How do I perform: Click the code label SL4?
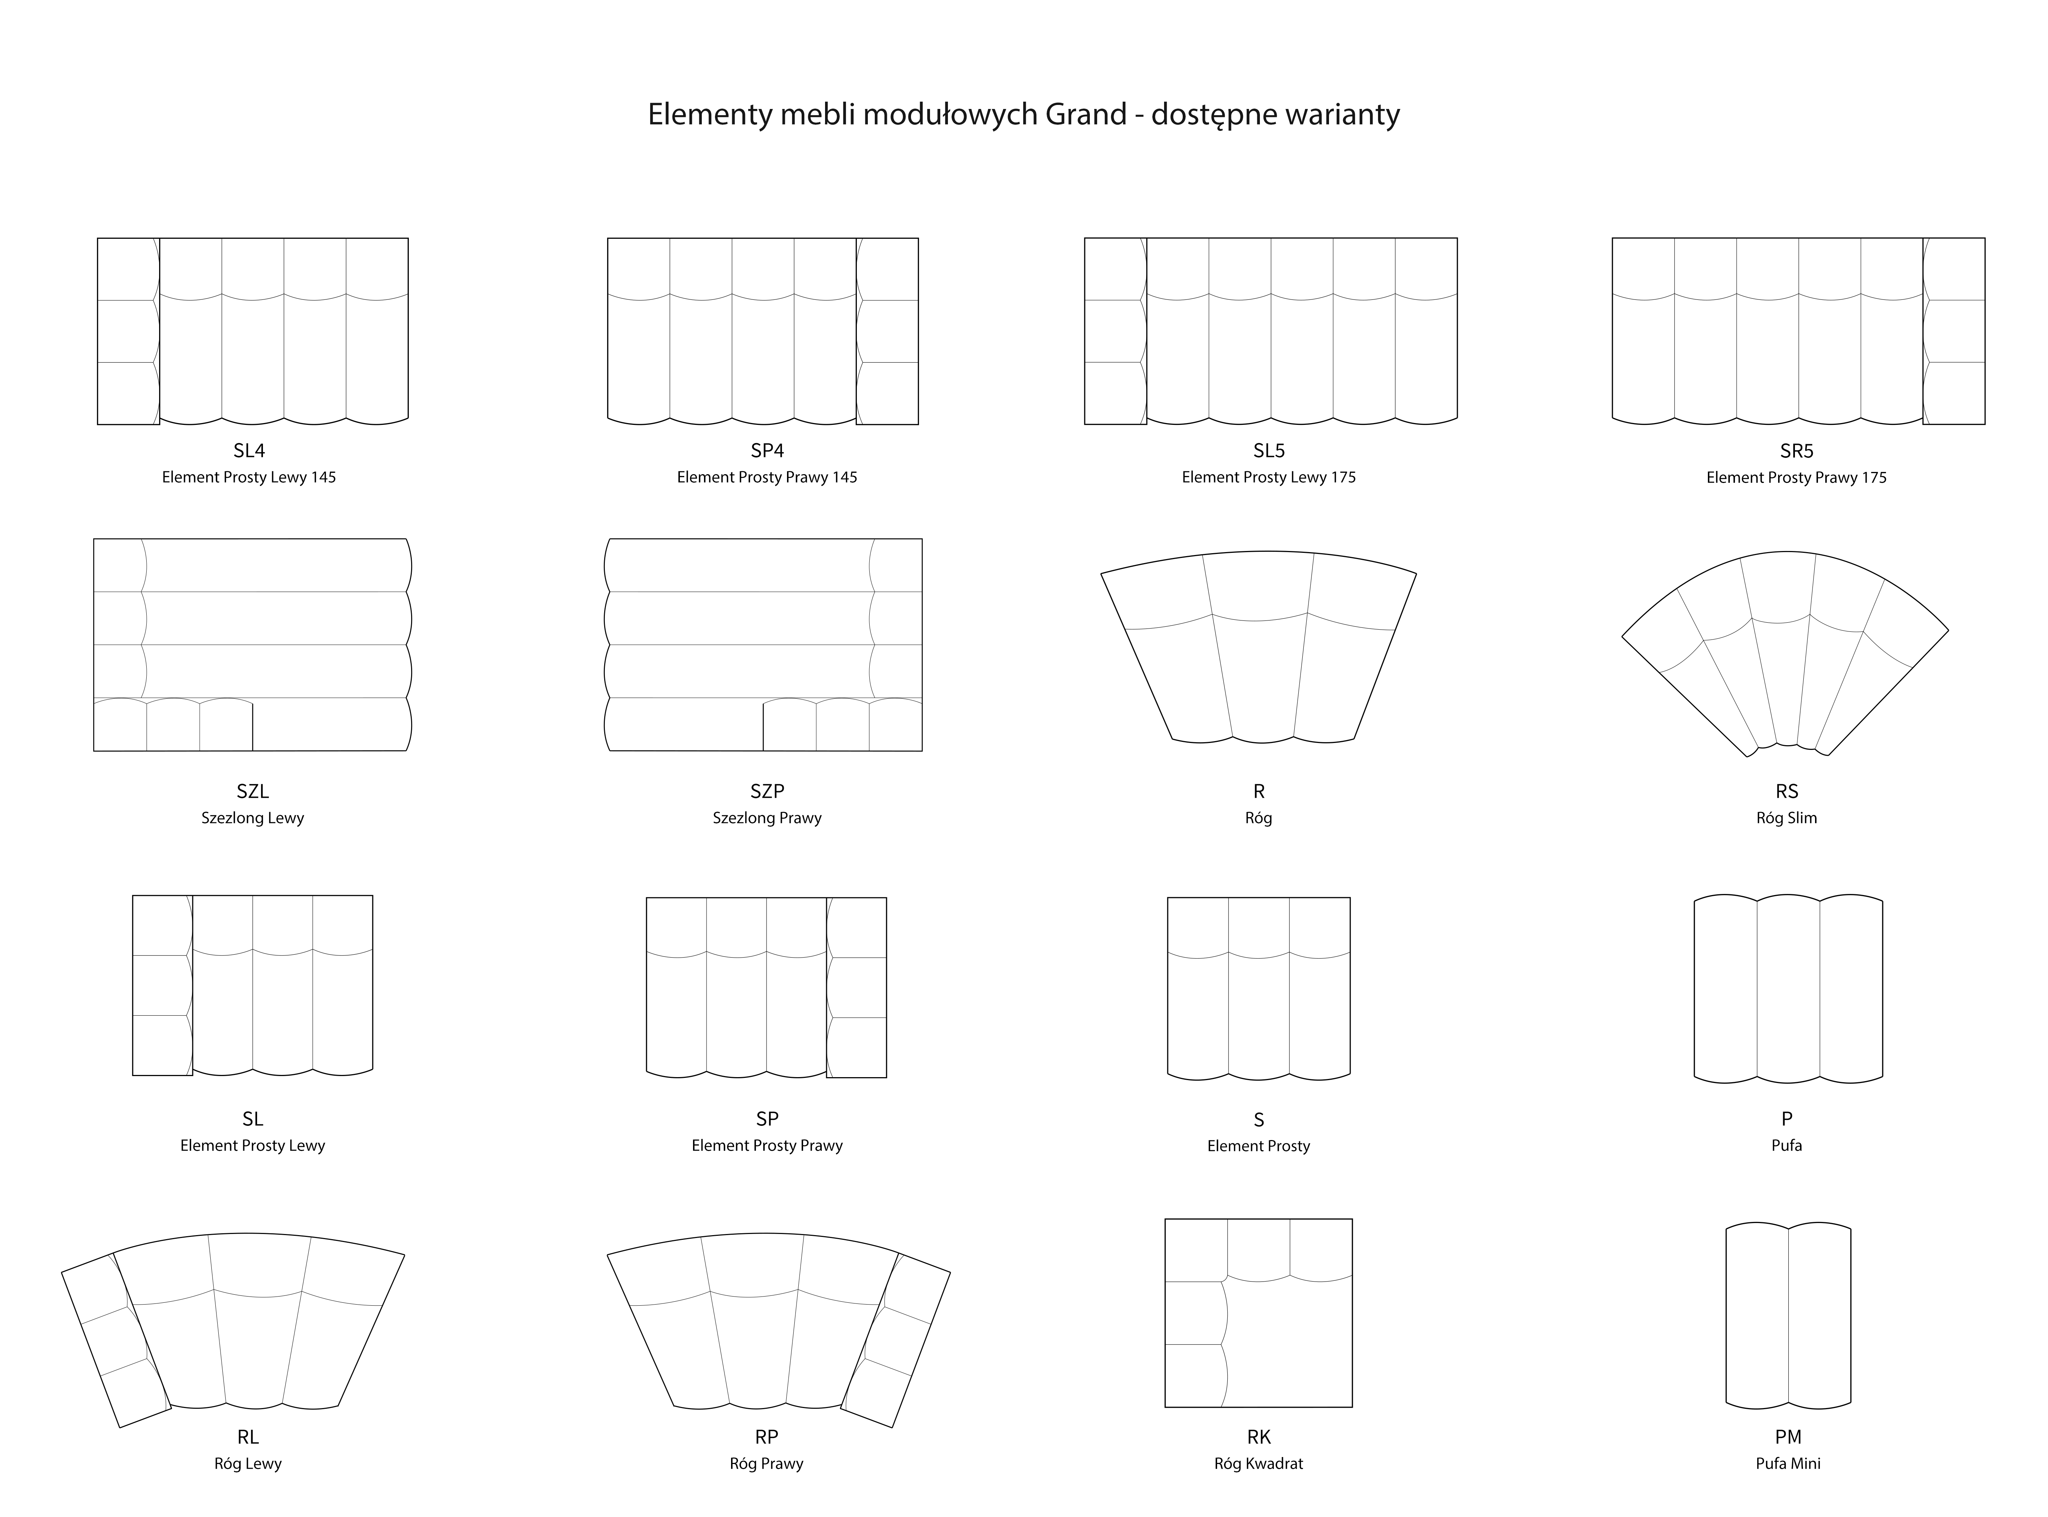tap(249, 450)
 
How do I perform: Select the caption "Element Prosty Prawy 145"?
tap(767, 478)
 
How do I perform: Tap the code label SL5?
tap(1269, 450)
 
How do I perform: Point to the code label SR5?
tap(1796, 451)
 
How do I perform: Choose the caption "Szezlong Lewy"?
tap(253, 818)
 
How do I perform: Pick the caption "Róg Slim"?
tap(1786, 818)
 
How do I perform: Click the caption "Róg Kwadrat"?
tap(1258, 1464)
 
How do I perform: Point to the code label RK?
tap(1258, 1437)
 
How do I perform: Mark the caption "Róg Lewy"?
tap(248, 1464)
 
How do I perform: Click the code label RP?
tap(767, 1437)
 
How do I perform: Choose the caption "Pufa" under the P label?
tap(1786, 1146)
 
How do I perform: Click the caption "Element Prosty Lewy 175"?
tap(1268, 478)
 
